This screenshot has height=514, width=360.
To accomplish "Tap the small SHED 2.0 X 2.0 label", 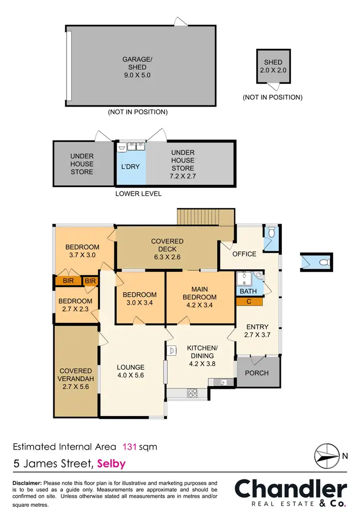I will click(273, 66).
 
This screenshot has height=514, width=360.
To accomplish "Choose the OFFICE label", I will click(245, 254).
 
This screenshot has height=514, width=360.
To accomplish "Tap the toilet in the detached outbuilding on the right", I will click(324, 262).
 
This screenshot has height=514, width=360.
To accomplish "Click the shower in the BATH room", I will click(245, 278).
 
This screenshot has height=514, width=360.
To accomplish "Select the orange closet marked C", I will click(250, 301).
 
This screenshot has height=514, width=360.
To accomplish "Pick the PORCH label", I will click(257, 373).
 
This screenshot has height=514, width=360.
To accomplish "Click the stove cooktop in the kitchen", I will click(192, 393).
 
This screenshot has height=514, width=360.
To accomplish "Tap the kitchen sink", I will click(221, 382).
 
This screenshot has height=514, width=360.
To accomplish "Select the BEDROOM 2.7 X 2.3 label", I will click(75, 305).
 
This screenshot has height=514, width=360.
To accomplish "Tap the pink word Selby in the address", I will click(111, 464).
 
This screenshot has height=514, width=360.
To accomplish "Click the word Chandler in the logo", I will click(290, 489).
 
